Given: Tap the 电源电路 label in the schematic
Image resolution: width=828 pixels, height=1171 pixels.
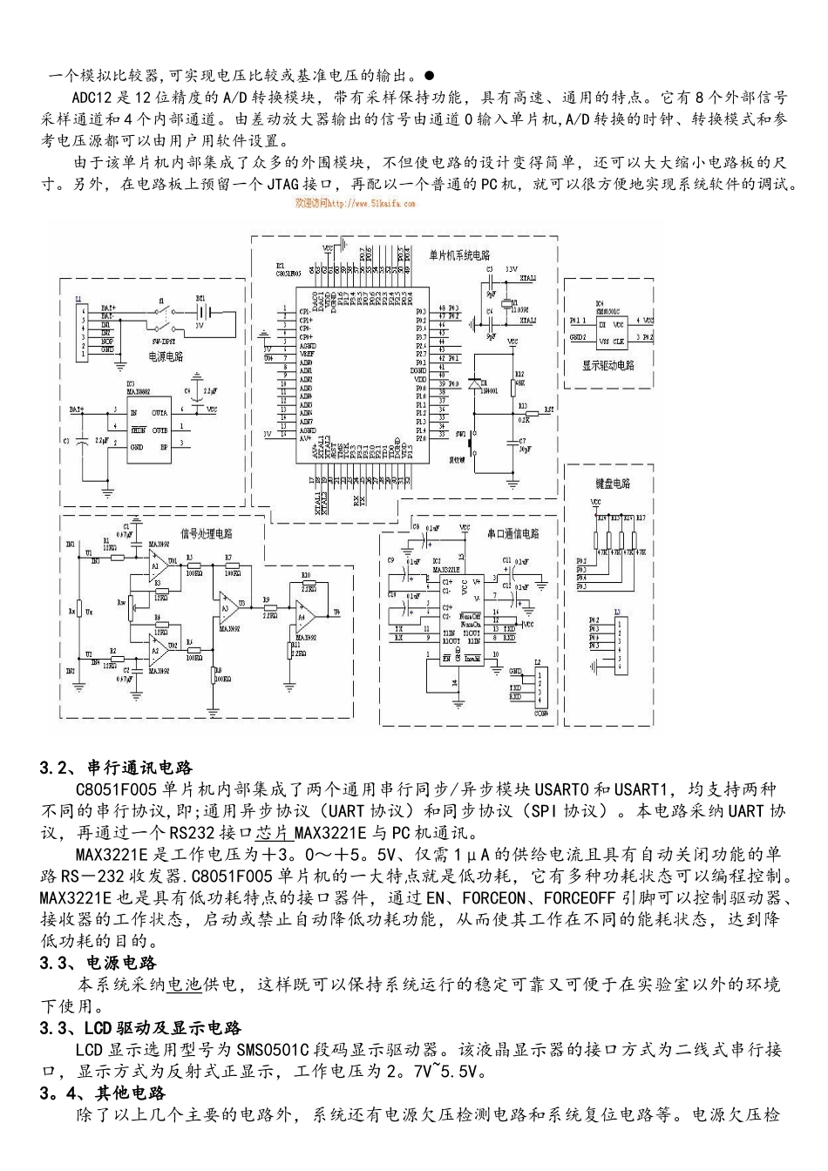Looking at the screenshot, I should coord(165,355).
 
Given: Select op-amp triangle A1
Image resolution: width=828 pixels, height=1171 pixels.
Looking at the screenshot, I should coord(158,565).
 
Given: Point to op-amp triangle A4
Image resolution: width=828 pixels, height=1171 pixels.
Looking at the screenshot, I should coord(303,614).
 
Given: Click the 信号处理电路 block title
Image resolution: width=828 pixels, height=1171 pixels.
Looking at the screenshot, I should coord(206,533).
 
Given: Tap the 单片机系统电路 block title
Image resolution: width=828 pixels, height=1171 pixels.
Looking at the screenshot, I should coord(459,256).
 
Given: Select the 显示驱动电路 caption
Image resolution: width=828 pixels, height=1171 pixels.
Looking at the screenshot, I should coord(607,365).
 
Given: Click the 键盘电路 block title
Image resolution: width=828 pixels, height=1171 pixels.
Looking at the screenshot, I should coord(613,483).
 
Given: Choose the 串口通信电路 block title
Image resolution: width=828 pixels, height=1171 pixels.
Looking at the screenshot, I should coord(512,533).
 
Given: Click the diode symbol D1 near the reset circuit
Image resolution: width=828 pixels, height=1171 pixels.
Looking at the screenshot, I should coord(477,383).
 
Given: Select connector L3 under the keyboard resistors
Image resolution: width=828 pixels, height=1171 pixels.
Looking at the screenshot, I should coord(618,646).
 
